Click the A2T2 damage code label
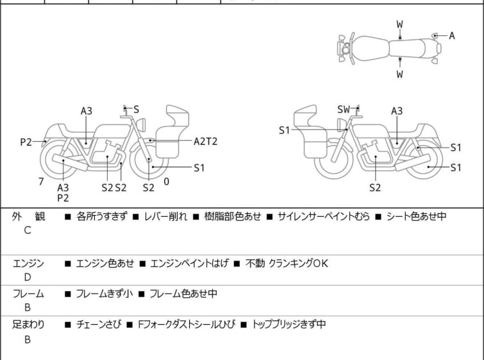pyautogui.click(x=205, y=142)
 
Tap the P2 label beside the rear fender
pyautogui.click(x=26, y=142)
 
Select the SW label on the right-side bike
pyautogui.click(x=344, y=109)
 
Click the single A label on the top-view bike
pyautogui.click(x=452, y=36)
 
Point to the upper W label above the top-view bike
pyautogui.click(x=400, y=24)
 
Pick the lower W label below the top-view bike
pyautogui.click(x=400, y=74)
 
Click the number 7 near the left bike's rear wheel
pyautogui.click(x=41, y=182)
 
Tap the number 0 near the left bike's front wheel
pyautogui.click(x=167, y=182)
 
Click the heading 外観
pyautogui.click(x=28, y=216)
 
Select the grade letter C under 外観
pyautogui.click(x=28, y=230)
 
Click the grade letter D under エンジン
pyautogui.click(x=28, y=277)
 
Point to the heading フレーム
pyautogui.click(x=28, y=293)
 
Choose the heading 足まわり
pyautogui.click(x=28, y=325)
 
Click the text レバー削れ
pyautogui.click(x=165, y=216)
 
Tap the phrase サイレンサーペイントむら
pyautogui.click(x=324, y=216)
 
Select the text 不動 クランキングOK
pyautogui.click(x=287, y=263)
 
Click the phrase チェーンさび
pyautogui.click(x=99, y=325)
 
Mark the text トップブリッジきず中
pyautogui.click(x=289, y=325)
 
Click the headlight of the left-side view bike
pyautogui.click(x=141, y=124)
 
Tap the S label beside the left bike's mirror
pyautogui.click(x=136, y=109)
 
